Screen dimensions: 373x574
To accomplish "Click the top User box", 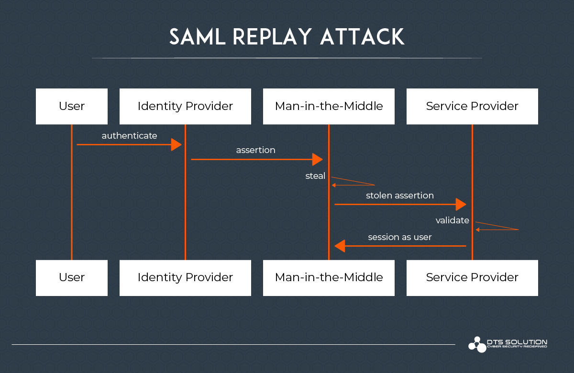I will click(72, 106).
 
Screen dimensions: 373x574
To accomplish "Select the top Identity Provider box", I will click(185, 106).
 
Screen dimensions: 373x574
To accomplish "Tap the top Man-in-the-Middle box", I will click(329, 106).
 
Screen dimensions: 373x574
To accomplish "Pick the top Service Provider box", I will click(472, 106).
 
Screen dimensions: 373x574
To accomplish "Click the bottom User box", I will click(72, 277).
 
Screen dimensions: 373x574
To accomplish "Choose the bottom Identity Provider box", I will click(185, 277).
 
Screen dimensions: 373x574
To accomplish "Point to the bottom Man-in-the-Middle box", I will click(329, 277).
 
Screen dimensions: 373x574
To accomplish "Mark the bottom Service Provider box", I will click(472, 277).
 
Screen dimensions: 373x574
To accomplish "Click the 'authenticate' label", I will click(129, 136).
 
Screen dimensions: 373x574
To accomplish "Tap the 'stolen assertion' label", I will click(400, 195).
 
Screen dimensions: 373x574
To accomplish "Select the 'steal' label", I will click(315, 176).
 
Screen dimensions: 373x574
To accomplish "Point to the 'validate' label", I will click(452, 220).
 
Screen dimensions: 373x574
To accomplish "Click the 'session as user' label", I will click(400, 237).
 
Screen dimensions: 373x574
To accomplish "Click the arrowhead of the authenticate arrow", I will click(177, 144).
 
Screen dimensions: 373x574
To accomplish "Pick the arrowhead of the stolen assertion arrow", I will click(461, 204).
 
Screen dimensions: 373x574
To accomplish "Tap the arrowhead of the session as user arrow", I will click(340, 246).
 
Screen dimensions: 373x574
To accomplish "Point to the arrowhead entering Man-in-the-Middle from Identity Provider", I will click(318, 159).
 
